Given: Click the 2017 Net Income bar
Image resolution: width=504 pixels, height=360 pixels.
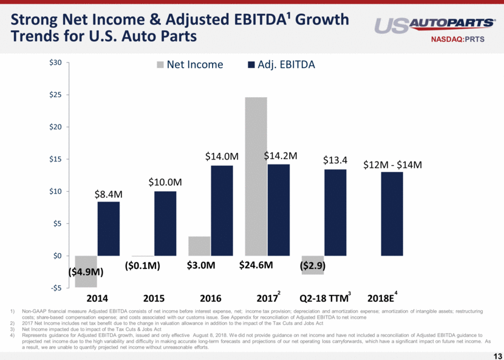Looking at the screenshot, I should pos(256,176).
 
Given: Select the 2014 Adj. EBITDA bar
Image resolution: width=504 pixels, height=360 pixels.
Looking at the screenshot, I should pos(108,228).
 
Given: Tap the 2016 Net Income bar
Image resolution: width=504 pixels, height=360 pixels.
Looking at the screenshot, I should pos(199,246).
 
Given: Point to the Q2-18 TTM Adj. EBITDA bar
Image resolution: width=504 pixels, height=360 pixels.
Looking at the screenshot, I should pos(335,212).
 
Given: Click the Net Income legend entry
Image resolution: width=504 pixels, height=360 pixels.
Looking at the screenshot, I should pos(189,64).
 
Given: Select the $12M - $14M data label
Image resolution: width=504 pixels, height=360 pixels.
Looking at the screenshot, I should pos(392,165).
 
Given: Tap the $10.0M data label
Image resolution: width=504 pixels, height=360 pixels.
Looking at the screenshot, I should pos(165,182).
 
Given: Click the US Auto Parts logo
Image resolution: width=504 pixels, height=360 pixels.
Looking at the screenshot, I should pos(434,24).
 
